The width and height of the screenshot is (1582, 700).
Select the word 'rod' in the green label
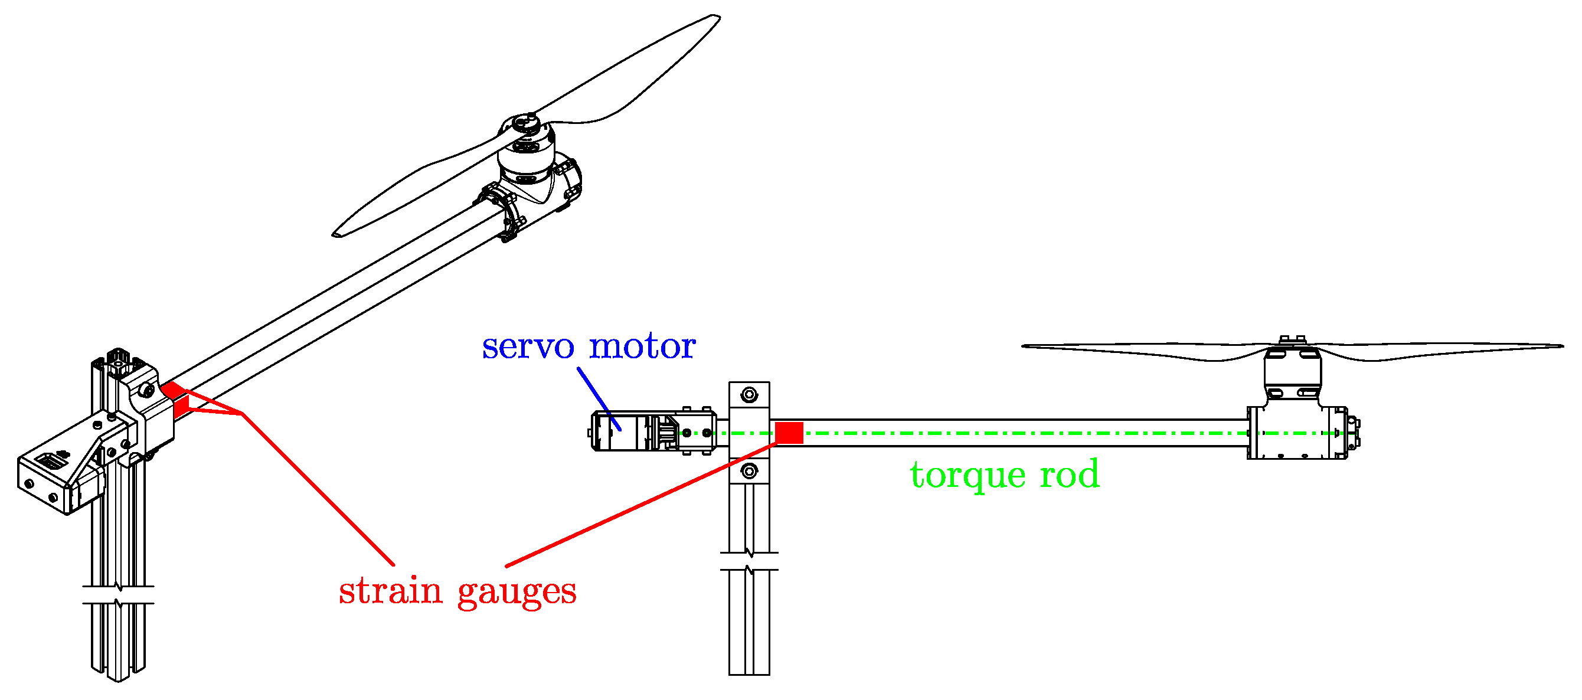coord(1069,475)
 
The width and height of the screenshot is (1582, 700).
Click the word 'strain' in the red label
coord(390,591)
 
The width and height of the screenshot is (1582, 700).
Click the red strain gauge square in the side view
coord(789,433)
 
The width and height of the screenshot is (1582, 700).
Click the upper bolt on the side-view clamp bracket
coord(748,394)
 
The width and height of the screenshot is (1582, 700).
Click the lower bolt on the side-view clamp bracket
coord(748,472)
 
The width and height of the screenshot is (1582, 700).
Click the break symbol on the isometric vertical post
coord(118,595)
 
